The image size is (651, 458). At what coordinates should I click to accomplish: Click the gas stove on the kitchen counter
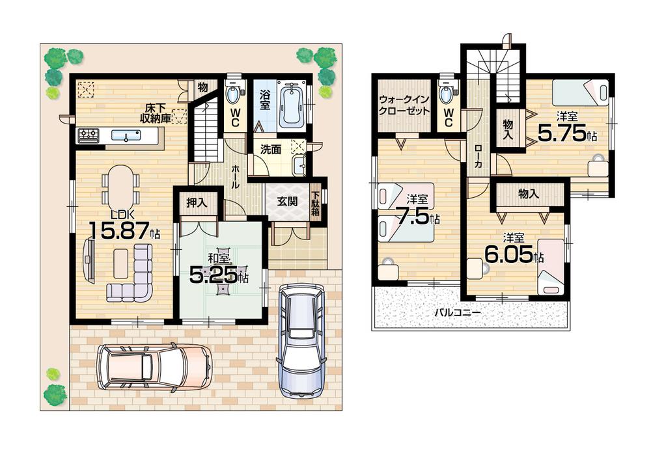[89, 135]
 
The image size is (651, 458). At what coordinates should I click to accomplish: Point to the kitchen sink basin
[124, 136]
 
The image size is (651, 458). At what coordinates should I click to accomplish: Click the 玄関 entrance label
[287, 202]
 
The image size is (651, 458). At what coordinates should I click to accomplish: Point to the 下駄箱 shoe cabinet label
[315, 203]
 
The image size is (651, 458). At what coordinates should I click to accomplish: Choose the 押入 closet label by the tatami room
[197, 203]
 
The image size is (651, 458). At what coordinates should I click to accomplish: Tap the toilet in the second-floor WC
[447, 96]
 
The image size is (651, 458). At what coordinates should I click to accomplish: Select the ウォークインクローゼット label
[404, 105]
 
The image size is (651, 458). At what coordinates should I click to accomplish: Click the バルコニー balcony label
[458, 312]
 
